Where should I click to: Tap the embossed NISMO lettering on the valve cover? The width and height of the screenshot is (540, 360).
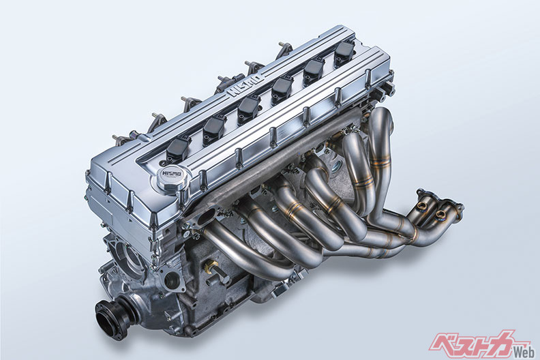(245, 83)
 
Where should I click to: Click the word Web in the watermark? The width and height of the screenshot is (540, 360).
(523, 352)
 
